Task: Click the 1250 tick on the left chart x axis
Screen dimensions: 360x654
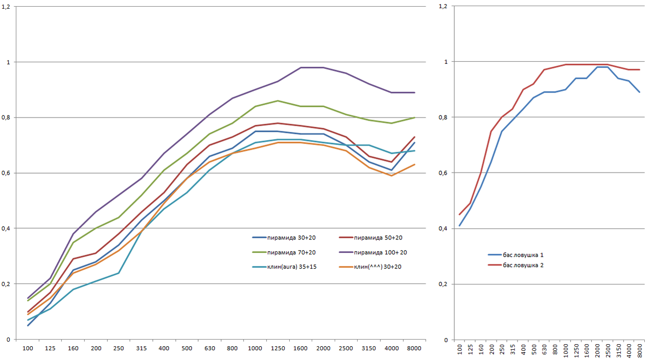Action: pyautogui.click(x=277, y=348)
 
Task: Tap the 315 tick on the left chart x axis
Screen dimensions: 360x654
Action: pyautogui.click(x=141, y=348)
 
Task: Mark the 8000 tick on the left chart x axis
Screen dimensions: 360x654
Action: pyautogui.click(x=414, y=348)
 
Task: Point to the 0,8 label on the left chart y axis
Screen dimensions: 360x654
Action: pyautogui.click(x=8, y=117)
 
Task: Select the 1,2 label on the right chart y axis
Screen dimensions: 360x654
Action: pyautogui.click(x=443, y=6)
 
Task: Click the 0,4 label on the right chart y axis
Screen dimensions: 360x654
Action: pyautogui.click(x=443, y=228)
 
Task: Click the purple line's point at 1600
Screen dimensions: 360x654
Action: pyautogui.click(x=300, y=67)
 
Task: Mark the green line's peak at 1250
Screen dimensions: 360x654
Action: pyautogui.click(x=277, y=101)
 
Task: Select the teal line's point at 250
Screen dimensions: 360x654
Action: pyautogui.click(x=119, y=273)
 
